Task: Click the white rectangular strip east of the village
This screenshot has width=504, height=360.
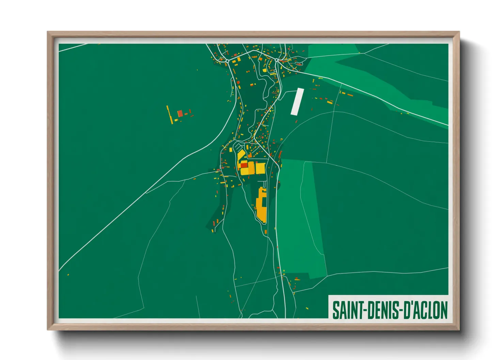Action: click(x=297, y=101)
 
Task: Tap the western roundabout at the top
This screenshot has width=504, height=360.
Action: click(x=227, y=61)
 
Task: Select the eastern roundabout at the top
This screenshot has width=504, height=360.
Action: click(x=277, y=60)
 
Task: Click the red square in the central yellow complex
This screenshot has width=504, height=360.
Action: click(x=244, y=165)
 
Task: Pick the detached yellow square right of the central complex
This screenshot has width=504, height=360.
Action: click(x=260, y=168)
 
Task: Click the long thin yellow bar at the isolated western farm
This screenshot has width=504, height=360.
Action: click(x=169, y=115)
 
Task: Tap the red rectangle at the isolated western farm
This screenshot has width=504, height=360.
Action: click(x=180, y=113)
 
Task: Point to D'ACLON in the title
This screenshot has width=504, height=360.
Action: click(x=426, y=310)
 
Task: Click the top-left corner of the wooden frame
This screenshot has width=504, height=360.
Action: click(x=48, y=32)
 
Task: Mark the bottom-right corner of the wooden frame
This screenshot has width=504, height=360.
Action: click(x=459, y=329)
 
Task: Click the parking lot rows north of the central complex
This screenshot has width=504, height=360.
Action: click(x=236, y=148)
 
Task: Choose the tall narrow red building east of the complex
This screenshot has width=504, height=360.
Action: click(x=280, y=155)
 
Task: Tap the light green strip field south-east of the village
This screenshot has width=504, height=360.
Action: click(x=300, y=218)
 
